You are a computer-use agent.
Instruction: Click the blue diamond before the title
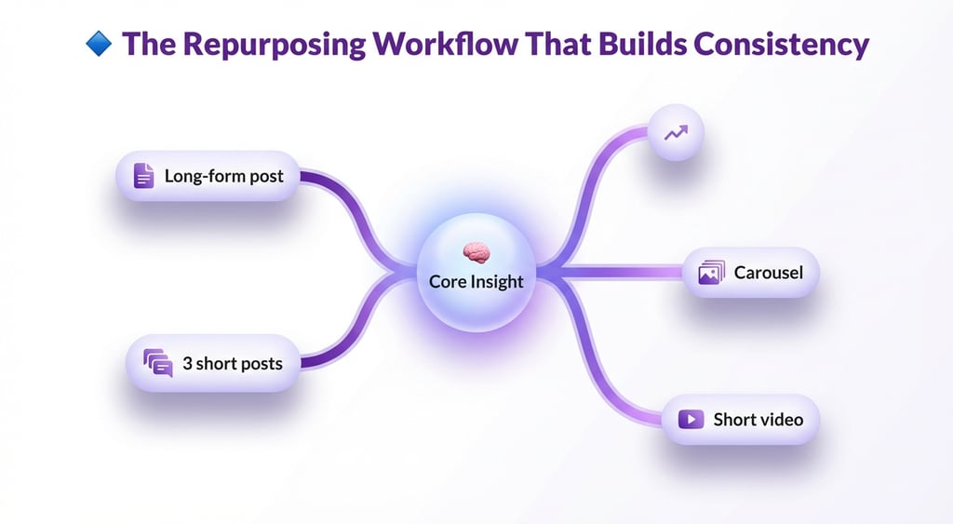point(98,43)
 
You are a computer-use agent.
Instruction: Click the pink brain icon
point(476,252)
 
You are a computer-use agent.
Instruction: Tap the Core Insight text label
point(476,280)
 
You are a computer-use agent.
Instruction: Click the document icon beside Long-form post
point(143,175)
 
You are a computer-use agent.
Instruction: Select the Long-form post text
point(223,175)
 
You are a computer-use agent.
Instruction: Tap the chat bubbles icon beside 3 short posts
point(157,362)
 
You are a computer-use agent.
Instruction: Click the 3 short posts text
point(232,363)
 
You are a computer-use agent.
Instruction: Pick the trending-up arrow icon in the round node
point(676,133)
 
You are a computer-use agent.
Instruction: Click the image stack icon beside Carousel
point(711,273)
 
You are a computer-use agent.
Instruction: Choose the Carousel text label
point(768,273)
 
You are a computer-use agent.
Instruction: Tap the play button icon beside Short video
point(691,419)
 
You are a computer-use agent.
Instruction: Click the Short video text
point(758,419)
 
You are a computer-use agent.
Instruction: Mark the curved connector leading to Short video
point(605,372)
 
